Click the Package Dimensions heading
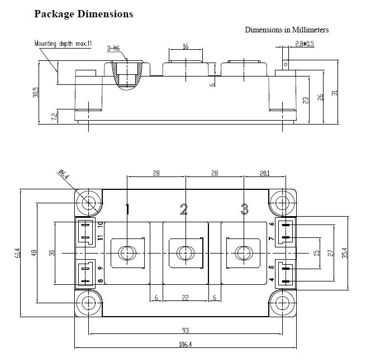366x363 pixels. (x=84, y=14)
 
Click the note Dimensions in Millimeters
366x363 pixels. (x=287, y=30)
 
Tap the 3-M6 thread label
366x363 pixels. (x=113, y=49)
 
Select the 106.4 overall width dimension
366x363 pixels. (x=185, y=345)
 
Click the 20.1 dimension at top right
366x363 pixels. (x=264, y=174)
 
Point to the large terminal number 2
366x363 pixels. (x=184, y=209)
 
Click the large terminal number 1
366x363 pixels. (x=127, y=209)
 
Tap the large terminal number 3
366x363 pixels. (x=244, y=209)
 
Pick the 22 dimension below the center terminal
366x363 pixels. (x=185, y=298)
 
